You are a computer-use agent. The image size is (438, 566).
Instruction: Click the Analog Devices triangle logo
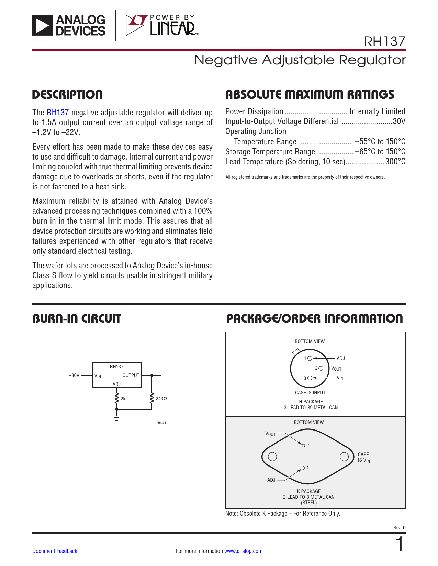pyautogui.click(x=43, y=26)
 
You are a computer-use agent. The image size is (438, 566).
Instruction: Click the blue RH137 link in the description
pyautogui.click(x=58, y=113)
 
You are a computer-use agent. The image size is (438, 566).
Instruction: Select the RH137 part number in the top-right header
pyautogui.click(x=384, y=42)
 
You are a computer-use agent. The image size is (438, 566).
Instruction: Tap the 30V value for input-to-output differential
pyautogui.click(x=399, y=121)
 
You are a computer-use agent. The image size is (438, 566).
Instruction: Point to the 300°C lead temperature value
pyautogui.click(x=395, y=162)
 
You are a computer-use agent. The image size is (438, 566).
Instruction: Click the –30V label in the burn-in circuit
pyautogui.click(x=74, y=375)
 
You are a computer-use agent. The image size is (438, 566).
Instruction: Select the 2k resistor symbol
pyautogui.click(x=117, y=399)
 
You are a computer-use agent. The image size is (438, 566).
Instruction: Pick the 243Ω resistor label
pyautogui.click(x=161, y=399)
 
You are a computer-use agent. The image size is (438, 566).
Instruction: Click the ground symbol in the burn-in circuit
pyautogui.click(x=117, y=417)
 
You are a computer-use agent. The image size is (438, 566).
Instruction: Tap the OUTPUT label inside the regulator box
pyautogui.click(x=131, y=375)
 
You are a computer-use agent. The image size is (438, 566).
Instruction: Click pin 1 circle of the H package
pyautogui.click(x=310, y=358)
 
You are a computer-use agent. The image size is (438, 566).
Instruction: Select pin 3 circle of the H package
pyautogui.click(x=310, y=378)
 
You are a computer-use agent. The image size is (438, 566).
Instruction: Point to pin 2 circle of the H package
pyautogui.click(x=321, y=368)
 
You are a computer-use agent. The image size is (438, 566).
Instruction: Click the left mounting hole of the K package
pyautogui.click(x=272, y=457)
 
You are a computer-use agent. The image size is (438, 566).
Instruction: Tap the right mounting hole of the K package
pyautogui.click(x=344, y=457)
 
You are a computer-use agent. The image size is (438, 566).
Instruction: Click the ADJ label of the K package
pyautogui.click(x=271, y=480)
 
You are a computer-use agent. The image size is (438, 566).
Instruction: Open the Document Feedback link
pyautogui.click(x=55, y=551)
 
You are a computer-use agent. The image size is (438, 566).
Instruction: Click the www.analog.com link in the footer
pyautogui.click(x=243, y=551)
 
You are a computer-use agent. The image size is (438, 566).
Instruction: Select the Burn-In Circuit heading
pyautogui.click(x=77, y=319)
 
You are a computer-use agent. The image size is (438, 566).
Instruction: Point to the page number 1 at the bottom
pyautogui.click(x=400, y=545)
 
